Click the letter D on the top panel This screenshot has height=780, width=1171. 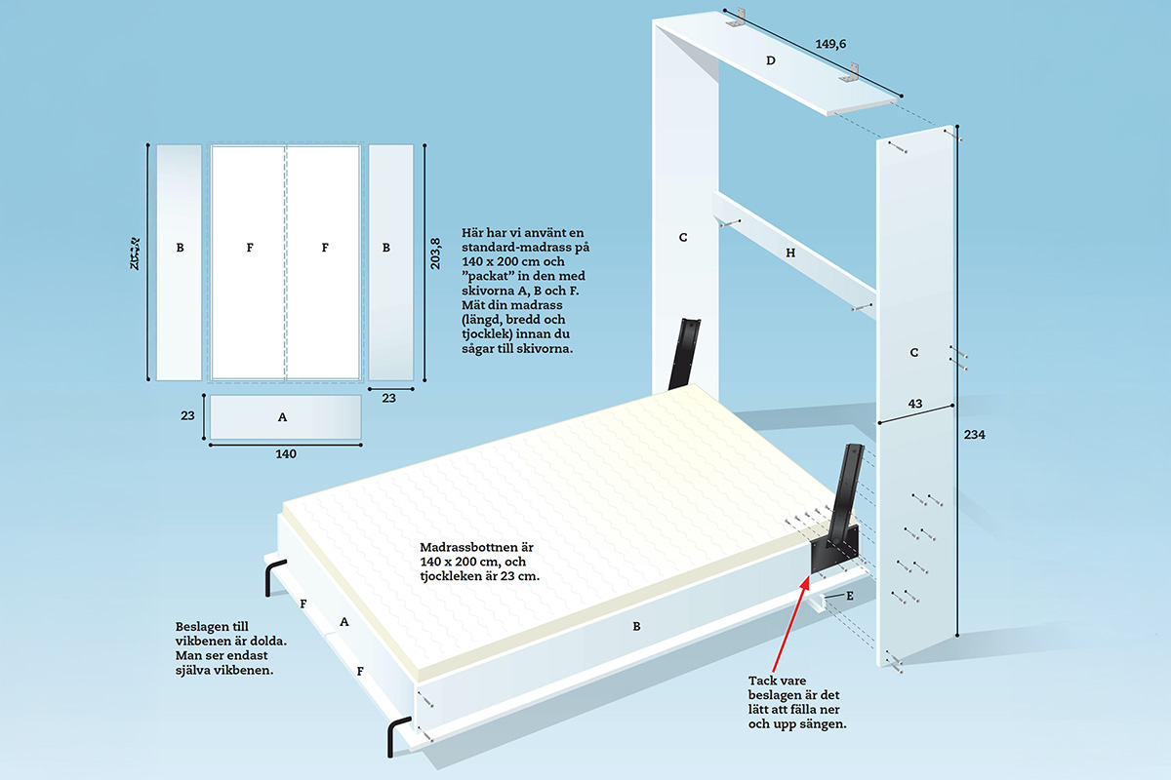point(770,60)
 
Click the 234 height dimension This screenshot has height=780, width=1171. point(975,436)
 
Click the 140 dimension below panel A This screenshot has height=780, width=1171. point(285,453)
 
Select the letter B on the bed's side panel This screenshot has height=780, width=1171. point(636,626)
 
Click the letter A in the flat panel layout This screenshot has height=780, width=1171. point(282,416)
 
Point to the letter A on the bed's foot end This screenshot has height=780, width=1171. point(343,620)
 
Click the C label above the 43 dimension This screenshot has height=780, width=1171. point(913,353)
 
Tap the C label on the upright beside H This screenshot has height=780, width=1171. point(683,237)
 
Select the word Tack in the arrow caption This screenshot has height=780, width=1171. point(762,679)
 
